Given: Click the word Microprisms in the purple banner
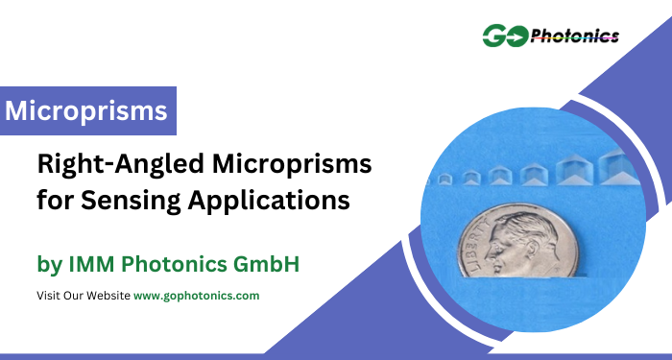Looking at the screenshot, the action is [86, 111].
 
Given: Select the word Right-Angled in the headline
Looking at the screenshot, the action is [121, 165].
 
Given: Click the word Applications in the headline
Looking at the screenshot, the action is [269, 201].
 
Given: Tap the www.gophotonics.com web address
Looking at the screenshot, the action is [196, 296].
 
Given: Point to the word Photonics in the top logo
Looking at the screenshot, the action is [575, 36].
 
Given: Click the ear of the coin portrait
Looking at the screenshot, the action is [532, 250].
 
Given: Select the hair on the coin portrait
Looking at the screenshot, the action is [532, 227].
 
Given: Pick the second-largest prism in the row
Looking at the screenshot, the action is [575, 170].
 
